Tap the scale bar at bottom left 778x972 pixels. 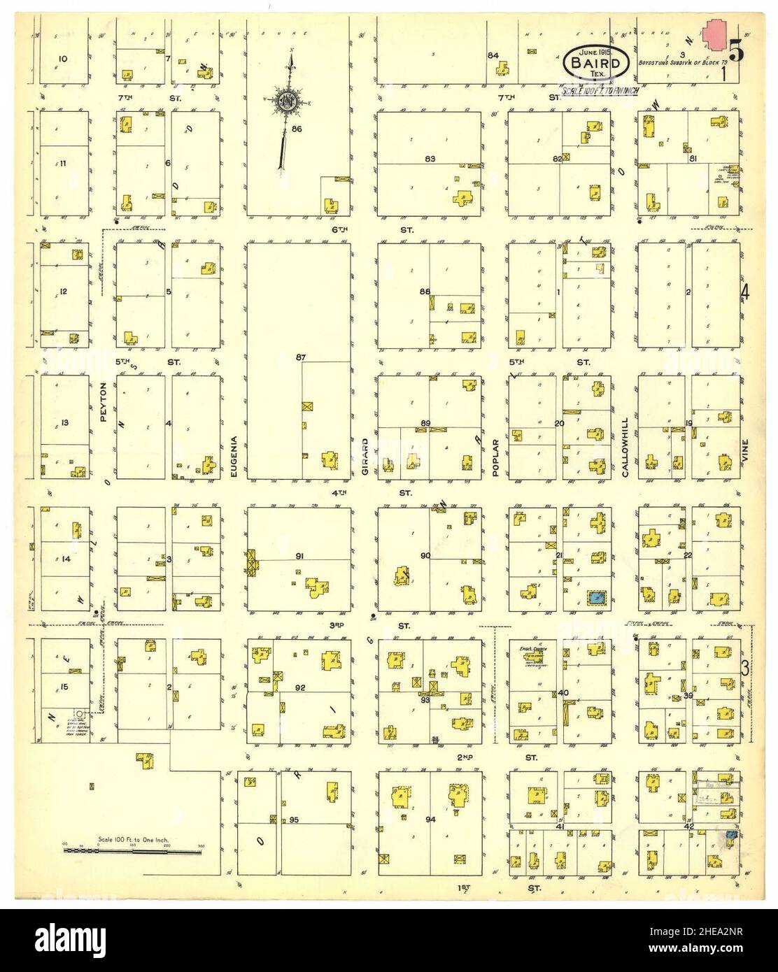tap(133, 851)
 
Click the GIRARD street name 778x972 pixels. tap(365, 457)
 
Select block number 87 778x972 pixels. tap(301, 358)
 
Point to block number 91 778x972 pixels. tap(299, 557)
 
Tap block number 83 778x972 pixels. tap(430, 159)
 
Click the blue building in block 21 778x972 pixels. tap(596, 597)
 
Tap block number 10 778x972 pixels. tap(63, 58)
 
